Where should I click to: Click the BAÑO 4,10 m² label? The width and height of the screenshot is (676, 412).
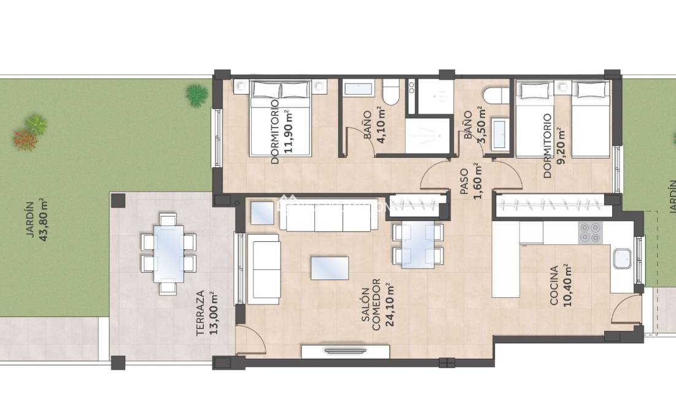[373, 125]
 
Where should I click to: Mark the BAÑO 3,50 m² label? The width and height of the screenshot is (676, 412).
[475, 125]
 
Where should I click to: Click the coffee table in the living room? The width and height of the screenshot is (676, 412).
[330, 268]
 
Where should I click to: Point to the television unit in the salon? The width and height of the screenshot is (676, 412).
[345, 351]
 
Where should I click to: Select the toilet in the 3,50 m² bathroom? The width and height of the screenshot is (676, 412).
[496, 95]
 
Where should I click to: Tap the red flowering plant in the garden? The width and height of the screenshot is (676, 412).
[25, 140]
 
